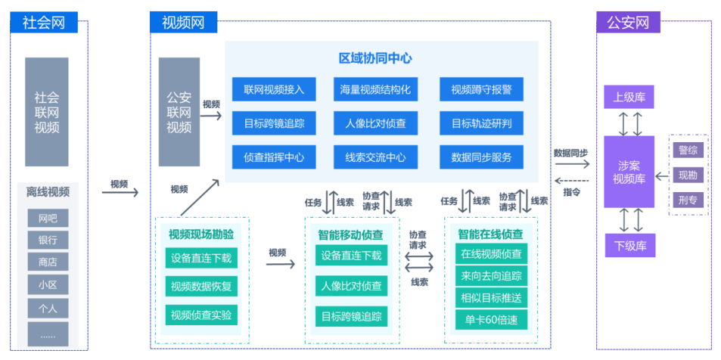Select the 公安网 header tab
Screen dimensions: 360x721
(x=628, y=22)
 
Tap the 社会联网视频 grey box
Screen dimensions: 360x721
(x=47, y=112)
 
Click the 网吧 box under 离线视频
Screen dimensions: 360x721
(x=48, y=219)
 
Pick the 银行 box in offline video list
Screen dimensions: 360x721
(x=48, y=241)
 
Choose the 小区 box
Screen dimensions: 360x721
(x=48, y=285)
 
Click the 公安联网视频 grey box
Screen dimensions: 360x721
(x=179, y=112)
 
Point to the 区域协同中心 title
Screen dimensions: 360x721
(x=375, y=58)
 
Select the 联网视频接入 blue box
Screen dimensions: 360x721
(x=274, y=90)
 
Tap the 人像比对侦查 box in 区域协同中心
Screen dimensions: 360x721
(x=375, y=123)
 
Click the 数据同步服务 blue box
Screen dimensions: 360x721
(x=481, y=157)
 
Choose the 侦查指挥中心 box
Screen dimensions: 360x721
(x=274, y=157)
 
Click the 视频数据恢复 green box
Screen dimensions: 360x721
(x=201, y=287)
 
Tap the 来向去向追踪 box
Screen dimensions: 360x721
(x=491, y=275)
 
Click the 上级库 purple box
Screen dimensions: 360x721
(x=629, y=97)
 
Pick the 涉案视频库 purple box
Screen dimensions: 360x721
(x=629, y=172)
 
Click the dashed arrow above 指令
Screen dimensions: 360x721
(x=572, y=181)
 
